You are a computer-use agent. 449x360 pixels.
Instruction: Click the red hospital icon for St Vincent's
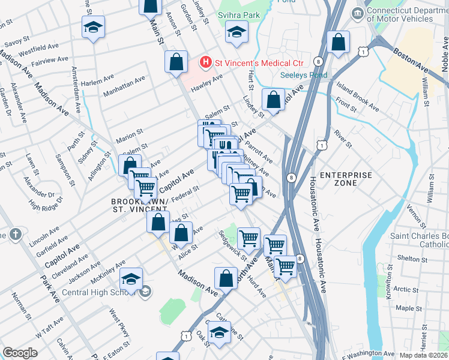[206, 62]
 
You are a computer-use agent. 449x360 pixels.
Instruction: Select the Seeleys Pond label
[304, 75]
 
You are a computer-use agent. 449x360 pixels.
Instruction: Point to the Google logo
[20, 352]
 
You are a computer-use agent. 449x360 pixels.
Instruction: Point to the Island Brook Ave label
[358, 97]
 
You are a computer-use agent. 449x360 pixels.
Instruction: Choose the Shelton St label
[412, 259]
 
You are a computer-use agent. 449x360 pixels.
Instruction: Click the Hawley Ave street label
[207, 83]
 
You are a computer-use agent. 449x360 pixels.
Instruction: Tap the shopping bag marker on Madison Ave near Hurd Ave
[226, 278]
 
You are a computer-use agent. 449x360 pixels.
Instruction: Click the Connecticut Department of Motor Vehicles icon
[358, 13]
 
